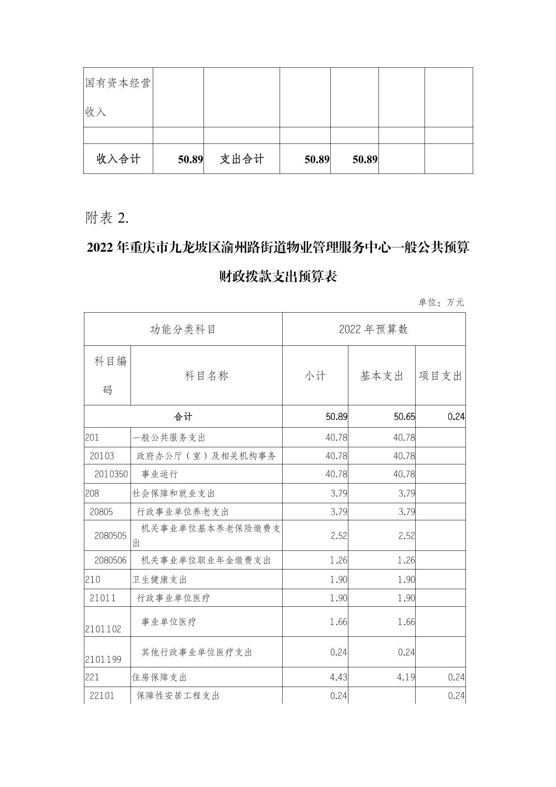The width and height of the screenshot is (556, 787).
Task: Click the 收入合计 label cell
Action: click(x=118, y=159)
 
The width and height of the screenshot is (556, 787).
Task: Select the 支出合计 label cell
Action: click(x=242, y=159)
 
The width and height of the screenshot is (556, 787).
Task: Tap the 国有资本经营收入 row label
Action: click(x=118, y=97)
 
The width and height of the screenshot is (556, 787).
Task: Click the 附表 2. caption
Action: click(x=107, y=218)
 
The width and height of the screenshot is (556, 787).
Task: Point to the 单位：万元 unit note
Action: click(x=441, y=302)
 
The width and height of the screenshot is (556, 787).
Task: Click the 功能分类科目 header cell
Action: click(x=183, y=329)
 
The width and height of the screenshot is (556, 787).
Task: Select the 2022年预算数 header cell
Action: click(x=373, y=329)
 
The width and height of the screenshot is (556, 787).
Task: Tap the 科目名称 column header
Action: click(x=206, y=376)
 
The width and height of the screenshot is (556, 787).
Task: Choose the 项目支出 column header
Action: click(x=440, y=376)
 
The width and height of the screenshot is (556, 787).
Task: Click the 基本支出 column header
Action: click(x=382, y=376)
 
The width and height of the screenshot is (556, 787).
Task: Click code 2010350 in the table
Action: click(x=111, y=474)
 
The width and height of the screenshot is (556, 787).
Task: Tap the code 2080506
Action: click(x=110, y=560)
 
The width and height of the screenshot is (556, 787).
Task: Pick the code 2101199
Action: click(x=103, y=660)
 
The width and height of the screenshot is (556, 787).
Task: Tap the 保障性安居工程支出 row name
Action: click(x=178, y=696)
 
